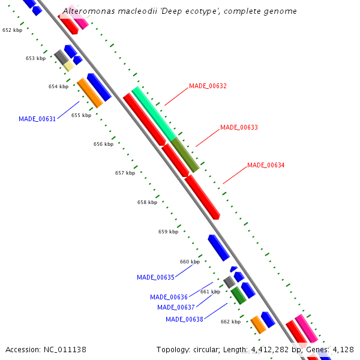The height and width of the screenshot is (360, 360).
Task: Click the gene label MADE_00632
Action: pos(208,86)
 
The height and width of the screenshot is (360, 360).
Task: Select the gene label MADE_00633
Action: pos(239,128)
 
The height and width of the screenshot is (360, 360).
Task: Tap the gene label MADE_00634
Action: pos(266,165)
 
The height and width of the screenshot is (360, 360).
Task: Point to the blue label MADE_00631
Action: pos(37,119)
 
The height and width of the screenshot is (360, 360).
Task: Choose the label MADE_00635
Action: pos(155,277)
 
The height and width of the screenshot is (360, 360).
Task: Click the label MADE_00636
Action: pos(169,297)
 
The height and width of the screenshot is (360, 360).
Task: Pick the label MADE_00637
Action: pos(176,307)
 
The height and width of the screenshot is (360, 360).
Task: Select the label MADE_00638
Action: pos(184,319)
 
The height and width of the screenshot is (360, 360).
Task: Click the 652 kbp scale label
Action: pos(12,30)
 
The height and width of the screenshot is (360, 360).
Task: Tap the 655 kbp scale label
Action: pos(81,115)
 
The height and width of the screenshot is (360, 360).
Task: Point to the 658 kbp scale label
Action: pos(147,202)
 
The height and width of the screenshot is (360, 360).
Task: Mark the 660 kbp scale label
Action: pos(190,262)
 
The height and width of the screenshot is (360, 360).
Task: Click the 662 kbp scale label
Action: pos(230,322)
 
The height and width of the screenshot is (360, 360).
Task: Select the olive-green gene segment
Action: pos(185,155)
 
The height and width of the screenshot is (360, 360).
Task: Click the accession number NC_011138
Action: pos(65,349)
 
